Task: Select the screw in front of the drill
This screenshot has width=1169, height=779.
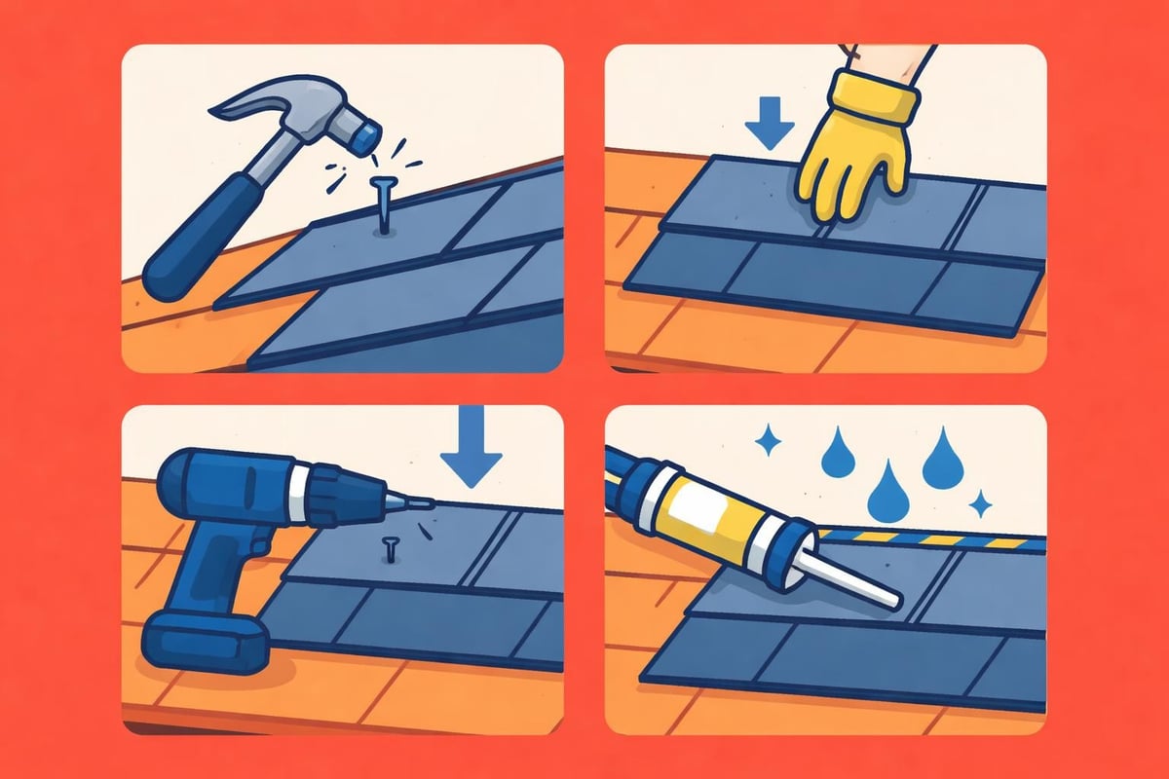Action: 391,551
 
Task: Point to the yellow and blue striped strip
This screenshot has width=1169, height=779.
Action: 925,538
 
